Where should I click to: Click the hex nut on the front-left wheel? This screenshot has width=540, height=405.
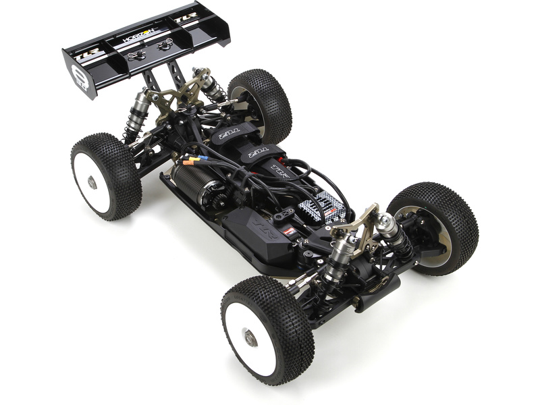[x=250, y=338]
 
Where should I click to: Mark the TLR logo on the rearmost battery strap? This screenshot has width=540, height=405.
[x=225, y=134]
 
